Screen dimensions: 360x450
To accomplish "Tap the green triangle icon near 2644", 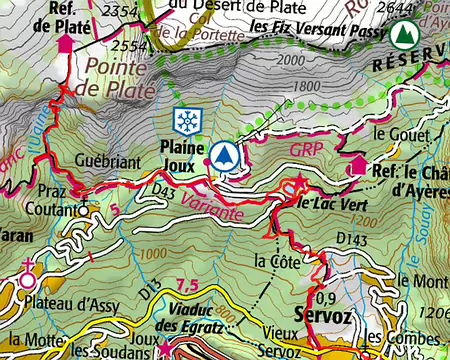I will click(x=404, y=36).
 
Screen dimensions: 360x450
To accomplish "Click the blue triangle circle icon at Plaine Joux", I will click(x=226, y=156).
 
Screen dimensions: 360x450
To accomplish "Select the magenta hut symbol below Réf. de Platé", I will click(x=66, y=45).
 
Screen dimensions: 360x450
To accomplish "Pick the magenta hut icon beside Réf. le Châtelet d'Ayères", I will click(x=358, y=166).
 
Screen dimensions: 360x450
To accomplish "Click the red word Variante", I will click(x=211, y=200).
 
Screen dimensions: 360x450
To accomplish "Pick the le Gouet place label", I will click(x=393, y=133).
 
